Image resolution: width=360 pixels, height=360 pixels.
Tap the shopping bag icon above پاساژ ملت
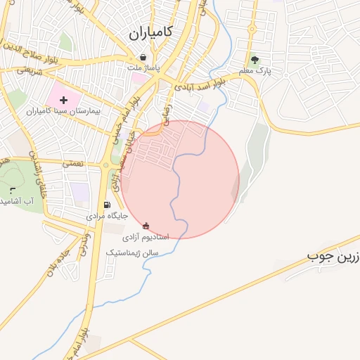(x=143, y=58)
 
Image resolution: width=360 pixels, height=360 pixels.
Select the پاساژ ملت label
(x=144, y=68)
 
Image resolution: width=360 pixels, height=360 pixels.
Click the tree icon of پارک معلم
(x=255, y=60)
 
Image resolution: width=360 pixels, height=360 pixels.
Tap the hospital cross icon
(x=63, y=101)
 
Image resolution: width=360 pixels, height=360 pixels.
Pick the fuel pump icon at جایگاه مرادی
(x=107, y=205)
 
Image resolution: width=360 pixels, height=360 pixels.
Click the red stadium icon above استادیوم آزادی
(x=146, y=226)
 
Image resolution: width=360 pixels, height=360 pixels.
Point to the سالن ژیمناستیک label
(x=133, y=251)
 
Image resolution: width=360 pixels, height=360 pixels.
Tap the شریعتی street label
(x=30, y=71)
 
